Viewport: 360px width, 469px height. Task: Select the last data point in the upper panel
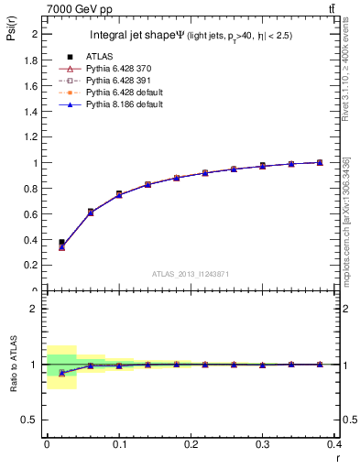[x=320, y=162]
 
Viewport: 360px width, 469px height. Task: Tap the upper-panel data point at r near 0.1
[x=119, y=194]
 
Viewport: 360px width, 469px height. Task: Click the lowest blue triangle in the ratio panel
[x=61, y=373]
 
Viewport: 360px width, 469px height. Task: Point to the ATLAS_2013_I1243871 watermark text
[x=190, y=274]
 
